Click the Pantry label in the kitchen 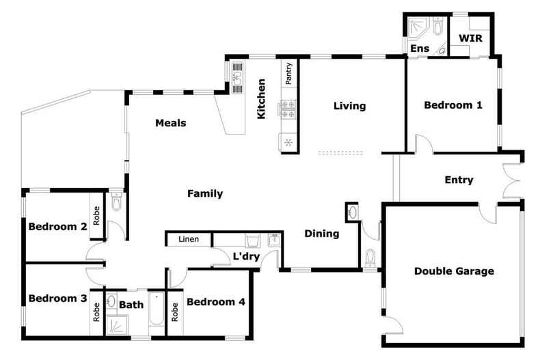pos(288,73)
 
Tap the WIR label pos(470,38)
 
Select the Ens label pos(420,49)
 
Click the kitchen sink pos(238,78)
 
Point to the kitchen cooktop pos(288,109)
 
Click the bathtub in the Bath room pos(157,309)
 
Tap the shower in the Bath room pos(117,324)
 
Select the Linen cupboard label pos(189,239)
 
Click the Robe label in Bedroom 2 pos(96,215)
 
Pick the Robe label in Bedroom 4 pos(174,311)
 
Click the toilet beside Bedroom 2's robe pos(116,202)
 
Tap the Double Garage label pos(454,271)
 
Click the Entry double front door pos(511,180)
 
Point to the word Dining pos(322,234)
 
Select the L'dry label pos(246,256)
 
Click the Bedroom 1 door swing pos(423,143)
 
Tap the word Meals pos(170,123)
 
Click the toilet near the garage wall pos(370,258)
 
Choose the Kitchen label pos(261,99)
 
